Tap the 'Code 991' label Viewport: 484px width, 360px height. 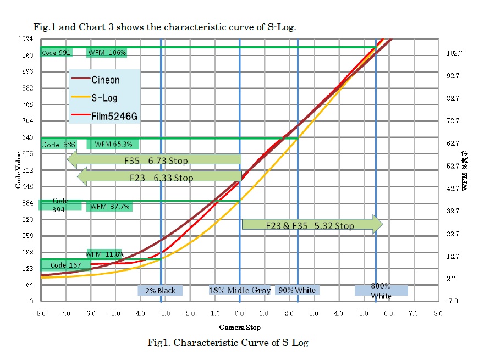[57, 53]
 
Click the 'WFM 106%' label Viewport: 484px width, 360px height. [107, 53]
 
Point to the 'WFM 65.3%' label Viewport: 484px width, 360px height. [113, 144]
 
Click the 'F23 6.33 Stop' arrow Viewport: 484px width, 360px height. [159, 178]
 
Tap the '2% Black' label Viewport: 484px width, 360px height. [161, 290]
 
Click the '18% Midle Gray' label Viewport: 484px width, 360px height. [240, 290]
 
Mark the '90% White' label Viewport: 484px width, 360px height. [297, 290]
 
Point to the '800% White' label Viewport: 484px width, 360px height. [381, 291]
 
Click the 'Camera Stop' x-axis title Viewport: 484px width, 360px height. [240, 327]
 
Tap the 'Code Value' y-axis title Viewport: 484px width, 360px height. [18, 170]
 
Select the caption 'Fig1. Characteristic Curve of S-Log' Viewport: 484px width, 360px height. [228, 342]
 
